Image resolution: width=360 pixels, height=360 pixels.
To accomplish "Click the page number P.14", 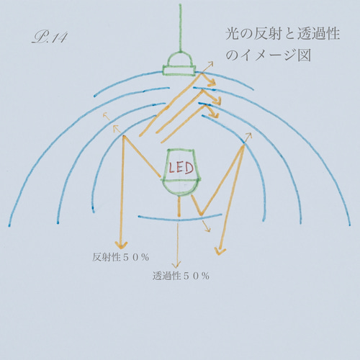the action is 50,37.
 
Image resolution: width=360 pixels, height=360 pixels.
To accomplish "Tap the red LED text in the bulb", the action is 181,168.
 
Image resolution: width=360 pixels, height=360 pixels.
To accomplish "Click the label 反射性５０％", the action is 121,257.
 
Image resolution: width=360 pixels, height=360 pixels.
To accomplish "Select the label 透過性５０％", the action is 181,276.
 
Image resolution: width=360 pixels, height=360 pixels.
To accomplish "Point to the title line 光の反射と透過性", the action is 282,34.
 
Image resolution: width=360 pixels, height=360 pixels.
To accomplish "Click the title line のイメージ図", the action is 269,55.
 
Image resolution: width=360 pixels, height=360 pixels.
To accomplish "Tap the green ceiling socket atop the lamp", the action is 179,64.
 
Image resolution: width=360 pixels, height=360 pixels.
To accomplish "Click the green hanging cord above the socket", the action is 180,28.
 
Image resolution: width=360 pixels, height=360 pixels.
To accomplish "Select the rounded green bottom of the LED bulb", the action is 181,188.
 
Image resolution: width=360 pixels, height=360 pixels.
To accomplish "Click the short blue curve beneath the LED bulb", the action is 180,219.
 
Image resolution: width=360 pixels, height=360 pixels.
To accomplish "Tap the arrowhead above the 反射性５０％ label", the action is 121,245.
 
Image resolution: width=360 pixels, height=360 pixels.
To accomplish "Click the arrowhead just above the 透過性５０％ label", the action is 176,265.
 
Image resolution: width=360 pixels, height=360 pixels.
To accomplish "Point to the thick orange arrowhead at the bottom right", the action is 220,251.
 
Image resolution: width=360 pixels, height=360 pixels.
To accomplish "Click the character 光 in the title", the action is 233,34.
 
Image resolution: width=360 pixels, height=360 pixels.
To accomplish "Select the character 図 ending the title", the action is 305,55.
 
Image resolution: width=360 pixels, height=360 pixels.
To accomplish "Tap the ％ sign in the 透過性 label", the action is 205,276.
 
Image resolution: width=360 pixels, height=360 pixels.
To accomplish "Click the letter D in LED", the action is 189,168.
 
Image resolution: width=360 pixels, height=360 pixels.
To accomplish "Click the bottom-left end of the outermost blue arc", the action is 9,226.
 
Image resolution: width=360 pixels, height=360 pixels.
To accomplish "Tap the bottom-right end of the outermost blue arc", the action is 350,225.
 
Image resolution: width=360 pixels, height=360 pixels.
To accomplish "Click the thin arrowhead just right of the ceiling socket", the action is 210,63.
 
